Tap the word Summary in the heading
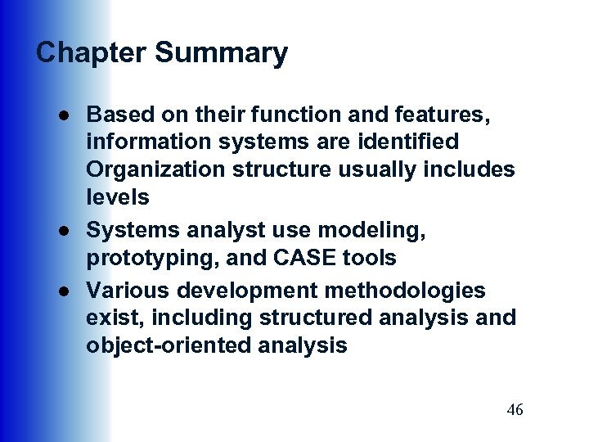point(221,53)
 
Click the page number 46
point(515,410)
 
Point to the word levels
point(118,197)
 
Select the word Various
point(125,291)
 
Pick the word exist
point(110,318)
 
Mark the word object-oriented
point(168,346)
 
